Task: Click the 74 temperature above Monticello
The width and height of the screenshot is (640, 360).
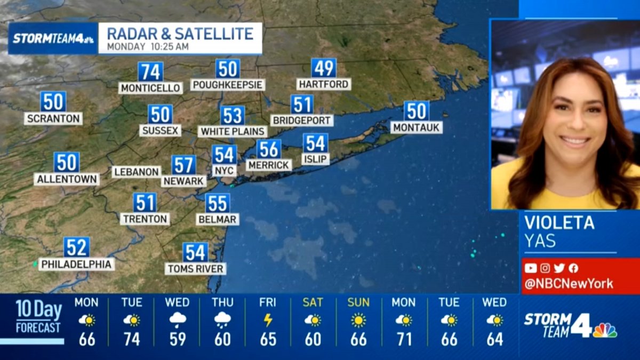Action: pos(150,71)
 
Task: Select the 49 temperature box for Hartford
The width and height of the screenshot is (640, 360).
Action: pos(324,68)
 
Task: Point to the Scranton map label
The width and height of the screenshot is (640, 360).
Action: pos(53,118)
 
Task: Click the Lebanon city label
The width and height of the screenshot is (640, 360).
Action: pos(137,172)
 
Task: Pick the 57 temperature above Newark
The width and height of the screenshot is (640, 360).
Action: pos(183,165)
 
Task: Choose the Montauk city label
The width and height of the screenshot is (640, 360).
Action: pos(417,127)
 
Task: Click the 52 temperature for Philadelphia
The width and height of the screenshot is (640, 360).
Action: pos(77,247)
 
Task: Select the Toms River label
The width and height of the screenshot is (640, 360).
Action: pos(195,269)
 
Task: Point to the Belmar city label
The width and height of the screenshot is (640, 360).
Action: pos(217,219)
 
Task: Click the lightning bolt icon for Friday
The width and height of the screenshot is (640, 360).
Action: pos(268,320)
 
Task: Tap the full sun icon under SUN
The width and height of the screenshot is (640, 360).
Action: pos(358,320)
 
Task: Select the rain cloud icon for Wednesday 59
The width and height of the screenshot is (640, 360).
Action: pos(177,320)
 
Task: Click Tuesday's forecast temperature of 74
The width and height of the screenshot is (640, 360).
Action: pos(132,339)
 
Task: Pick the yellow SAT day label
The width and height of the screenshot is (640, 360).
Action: pos(313,302)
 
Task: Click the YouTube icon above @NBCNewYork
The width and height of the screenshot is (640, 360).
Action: pos(530,268)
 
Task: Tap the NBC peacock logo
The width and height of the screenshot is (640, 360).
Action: pos(605,330)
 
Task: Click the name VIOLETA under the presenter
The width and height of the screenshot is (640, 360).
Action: pos(559,222)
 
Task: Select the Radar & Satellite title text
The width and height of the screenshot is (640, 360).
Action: pos(180,34)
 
